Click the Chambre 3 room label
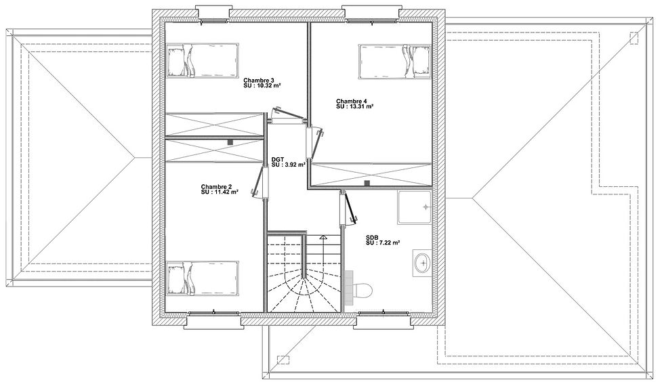click(x=259, y=80)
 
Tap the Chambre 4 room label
click(x=352, y=101)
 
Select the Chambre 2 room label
click(x=216, y=187)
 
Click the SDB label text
click(x=372, y=238)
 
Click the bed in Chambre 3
click(x=203, y=60)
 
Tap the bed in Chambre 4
click(x=395, y=62)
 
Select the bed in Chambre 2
click(x=203, y=278)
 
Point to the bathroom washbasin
click(x=422, y=263)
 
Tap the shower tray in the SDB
click(x=414, y=207)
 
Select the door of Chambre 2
click(x=261, y=182)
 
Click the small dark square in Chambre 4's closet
click(x=367, y=183)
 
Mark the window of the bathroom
click(x=383, y=314)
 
